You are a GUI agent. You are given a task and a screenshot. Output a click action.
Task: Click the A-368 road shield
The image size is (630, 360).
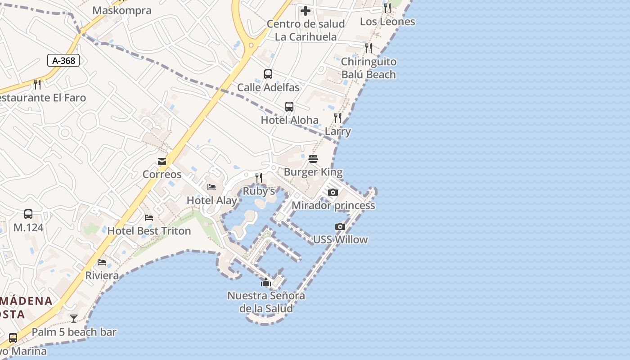point(63,60)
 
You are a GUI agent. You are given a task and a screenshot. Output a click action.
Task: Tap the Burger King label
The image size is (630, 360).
point(313,172)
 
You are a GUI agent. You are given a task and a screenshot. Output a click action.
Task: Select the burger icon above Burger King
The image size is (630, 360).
point(313,159)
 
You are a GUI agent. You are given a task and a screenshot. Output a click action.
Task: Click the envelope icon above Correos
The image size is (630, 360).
point(162,162)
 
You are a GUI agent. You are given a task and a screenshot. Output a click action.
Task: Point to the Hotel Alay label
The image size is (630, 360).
point(211,200)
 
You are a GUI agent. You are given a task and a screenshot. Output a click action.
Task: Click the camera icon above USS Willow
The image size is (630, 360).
point(340,226)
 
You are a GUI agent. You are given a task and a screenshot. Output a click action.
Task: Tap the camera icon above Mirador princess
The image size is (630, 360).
point(333,193)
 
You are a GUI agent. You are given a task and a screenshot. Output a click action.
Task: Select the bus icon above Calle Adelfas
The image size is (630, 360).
point(268,74)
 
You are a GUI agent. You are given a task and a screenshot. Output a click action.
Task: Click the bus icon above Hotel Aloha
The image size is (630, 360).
point(289,107)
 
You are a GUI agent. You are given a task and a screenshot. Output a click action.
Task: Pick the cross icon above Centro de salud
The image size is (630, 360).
point(306,11)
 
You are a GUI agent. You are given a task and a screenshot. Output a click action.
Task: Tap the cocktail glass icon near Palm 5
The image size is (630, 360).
point(74,319)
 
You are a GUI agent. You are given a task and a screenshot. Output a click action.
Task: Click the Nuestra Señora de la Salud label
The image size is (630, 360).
point(266,302)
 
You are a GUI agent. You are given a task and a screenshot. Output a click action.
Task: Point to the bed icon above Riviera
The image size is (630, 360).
point(102,262)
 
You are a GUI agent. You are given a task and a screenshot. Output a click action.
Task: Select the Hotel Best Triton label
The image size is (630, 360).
point(149,231)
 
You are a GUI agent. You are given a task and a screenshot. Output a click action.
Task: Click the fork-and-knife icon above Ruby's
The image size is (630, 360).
point(259,178)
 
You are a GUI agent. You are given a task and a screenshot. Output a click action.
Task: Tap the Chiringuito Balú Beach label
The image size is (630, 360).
point(369,68)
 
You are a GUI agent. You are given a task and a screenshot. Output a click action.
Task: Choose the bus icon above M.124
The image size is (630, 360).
point(28,214)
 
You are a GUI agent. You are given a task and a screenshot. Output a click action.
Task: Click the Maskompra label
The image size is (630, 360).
point(122,10)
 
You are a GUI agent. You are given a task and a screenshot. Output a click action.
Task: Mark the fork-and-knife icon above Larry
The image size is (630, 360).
point(337,118)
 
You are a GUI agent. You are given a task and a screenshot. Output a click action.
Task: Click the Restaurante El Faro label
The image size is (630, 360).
point(43,98)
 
